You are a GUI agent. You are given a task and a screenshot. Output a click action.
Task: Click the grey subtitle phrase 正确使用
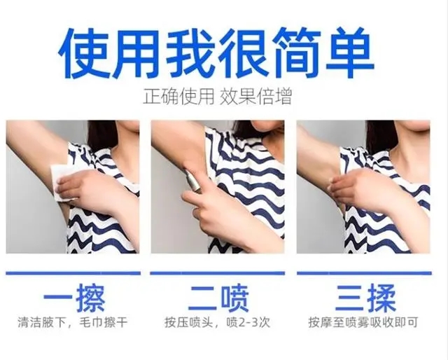pos(179,96)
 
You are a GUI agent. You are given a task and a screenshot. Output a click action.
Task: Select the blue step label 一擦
pos(74,298)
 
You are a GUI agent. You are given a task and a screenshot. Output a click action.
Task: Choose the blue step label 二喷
pos(218,298)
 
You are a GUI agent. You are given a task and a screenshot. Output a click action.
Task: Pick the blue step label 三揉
pos(365,298)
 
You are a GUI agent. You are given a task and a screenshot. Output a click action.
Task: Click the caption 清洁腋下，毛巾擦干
pos(72,322)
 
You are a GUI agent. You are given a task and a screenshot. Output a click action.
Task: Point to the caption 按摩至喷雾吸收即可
pos(363,322)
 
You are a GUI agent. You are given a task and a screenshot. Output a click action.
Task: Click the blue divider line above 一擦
pos(73,273)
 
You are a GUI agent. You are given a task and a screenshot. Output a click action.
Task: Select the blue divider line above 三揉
pos(364,273)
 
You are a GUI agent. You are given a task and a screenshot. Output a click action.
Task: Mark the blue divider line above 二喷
pos(218,273)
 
